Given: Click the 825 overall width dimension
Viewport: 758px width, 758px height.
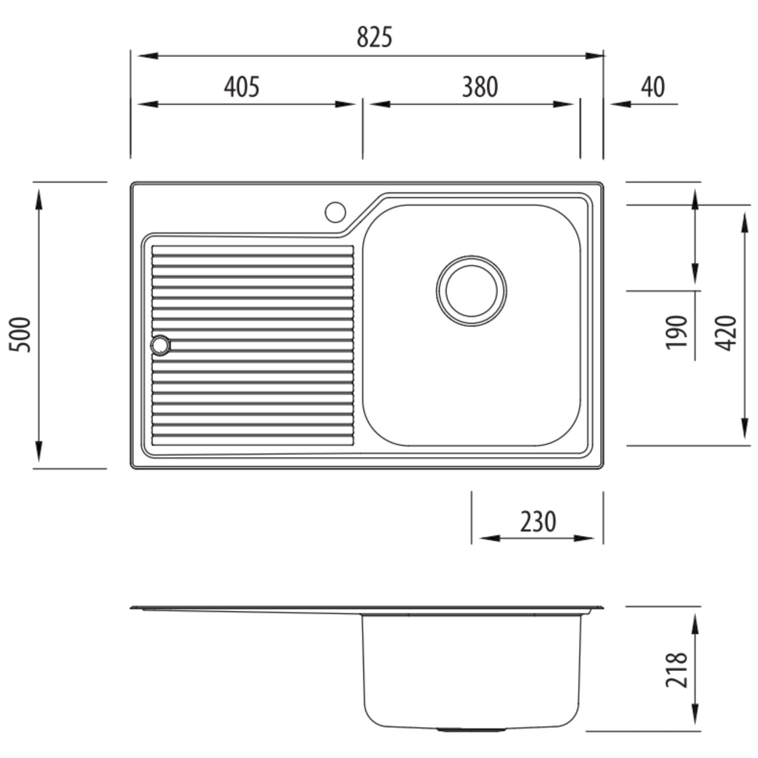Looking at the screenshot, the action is (374, 37).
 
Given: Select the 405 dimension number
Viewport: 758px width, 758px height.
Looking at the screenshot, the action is (242, 87).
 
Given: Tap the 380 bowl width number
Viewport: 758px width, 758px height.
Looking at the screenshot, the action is (480, 87).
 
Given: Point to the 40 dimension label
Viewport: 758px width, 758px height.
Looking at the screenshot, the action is (653, 87).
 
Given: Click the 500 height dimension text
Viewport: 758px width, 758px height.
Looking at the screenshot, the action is (20, 335).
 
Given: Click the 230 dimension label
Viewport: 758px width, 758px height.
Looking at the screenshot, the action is (538, 521).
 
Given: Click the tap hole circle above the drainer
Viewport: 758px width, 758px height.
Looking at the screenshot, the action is (335, 212).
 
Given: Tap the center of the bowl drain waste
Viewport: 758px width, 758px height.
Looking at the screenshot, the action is (471, 291).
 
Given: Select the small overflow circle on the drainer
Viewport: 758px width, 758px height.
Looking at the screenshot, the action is (160, 345).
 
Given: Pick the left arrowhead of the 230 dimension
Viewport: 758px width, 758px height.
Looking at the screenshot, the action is (490, 538).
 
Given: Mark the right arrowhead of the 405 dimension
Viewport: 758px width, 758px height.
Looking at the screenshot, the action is (345, 104).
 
